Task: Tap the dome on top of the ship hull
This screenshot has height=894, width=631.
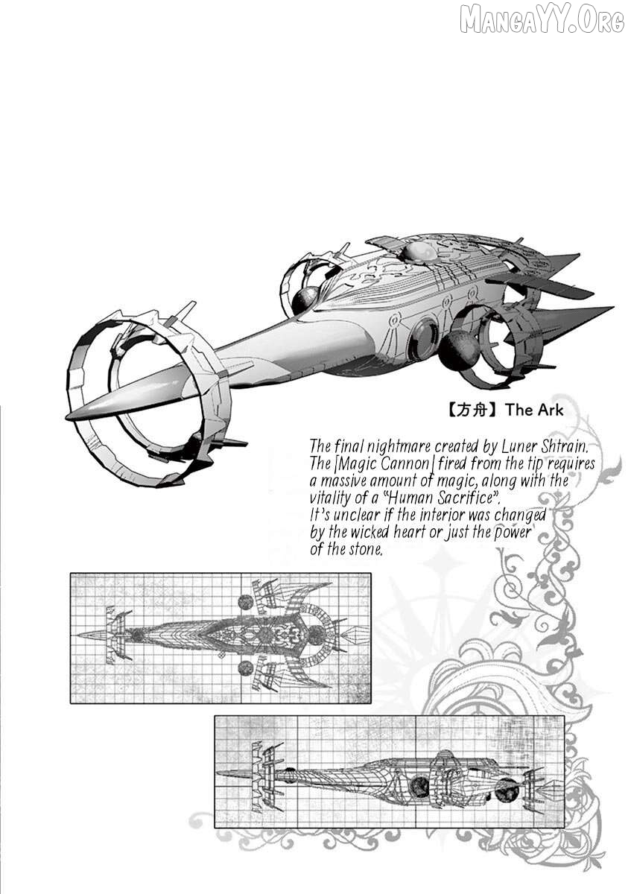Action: click(416, 253)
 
